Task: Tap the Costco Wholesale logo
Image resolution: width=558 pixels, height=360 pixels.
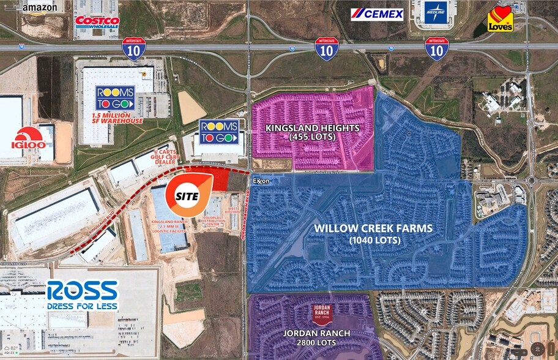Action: (97, 23)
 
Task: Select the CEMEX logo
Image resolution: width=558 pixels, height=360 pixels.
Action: (377, 13)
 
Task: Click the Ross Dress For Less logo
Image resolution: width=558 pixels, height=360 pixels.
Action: (82, 295)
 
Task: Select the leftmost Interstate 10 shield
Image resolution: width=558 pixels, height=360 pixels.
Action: (133, 48)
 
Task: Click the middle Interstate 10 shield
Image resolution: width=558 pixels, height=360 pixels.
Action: (327, 48)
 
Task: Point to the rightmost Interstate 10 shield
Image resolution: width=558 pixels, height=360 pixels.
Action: (437, 48)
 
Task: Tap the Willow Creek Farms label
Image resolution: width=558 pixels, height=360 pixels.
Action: (373, 234)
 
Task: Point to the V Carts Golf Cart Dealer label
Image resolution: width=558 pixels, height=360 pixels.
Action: (171, 156)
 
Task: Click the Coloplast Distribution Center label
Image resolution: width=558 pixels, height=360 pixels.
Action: (214, 219)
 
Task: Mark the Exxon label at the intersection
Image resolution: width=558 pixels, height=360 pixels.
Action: (261, 182)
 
